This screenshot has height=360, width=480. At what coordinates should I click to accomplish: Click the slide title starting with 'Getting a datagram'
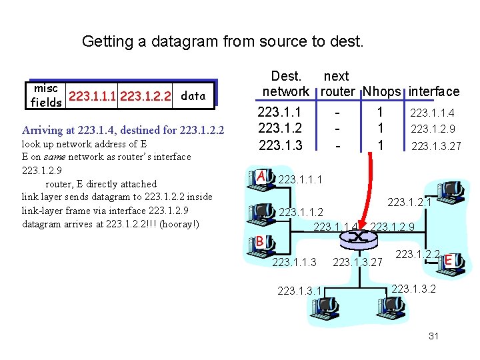tap(223, 41)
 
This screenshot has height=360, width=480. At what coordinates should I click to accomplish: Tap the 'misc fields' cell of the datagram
tap(46, 95)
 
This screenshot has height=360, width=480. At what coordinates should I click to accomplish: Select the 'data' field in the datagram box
tap(193, 95)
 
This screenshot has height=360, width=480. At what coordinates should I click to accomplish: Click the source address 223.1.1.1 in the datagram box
tap(93, 96)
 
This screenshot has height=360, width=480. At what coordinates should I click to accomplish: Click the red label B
tap(261, 241)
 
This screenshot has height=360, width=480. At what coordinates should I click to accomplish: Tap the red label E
tap(449, 259)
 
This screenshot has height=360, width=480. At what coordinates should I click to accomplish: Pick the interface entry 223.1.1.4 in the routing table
tap(432, 114)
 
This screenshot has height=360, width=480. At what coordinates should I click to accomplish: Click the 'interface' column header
tap(434, 91)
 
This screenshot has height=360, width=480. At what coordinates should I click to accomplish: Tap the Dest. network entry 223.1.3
tap(280, 145)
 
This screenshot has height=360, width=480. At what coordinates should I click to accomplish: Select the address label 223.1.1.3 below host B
tap(295, 262)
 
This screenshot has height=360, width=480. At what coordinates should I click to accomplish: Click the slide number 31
tap(433, 336)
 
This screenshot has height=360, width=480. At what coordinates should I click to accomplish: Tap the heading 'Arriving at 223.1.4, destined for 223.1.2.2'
tap(123, 129)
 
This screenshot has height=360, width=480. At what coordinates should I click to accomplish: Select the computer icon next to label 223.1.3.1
tap(328, 307)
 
